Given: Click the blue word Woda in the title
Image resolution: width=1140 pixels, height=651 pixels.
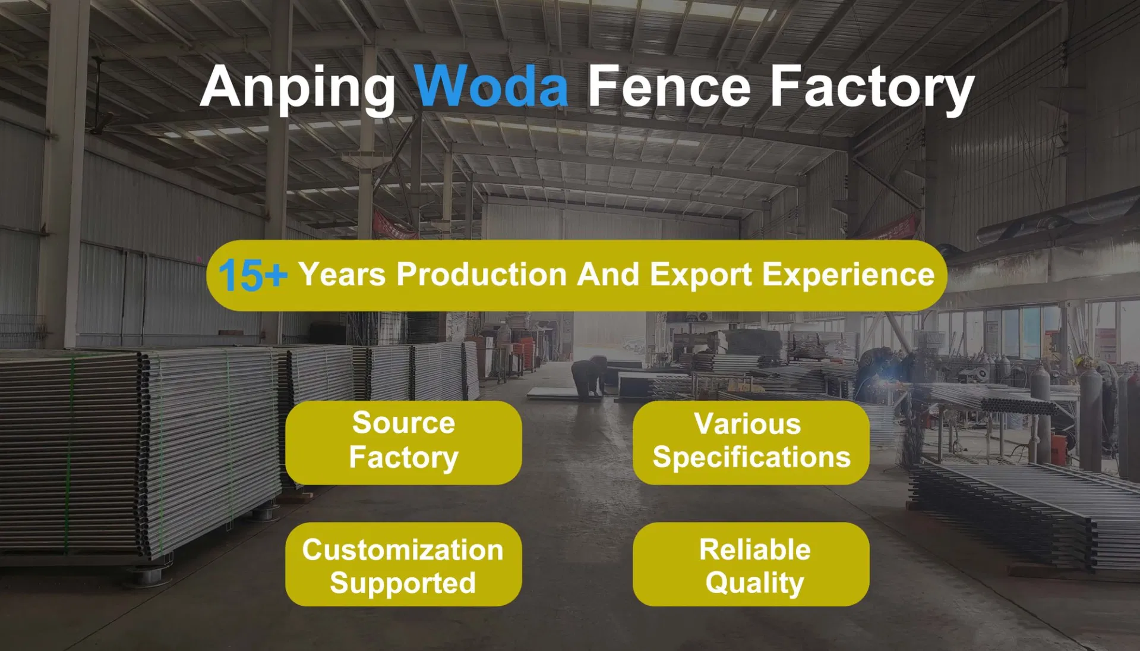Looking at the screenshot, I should click(491, 87).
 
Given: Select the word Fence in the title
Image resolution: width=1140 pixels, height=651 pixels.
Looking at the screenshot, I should click(669, 87).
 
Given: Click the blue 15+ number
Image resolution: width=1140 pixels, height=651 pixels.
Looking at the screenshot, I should click(252, 275).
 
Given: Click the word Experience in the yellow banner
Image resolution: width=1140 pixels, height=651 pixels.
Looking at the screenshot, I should click(848, 274).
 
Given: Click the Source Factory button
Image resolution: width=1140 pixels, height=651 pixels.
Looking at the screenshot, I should click(403, 442).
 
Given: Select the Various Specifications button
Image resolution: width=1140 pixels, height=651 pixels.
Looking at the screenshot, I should click(751, 442).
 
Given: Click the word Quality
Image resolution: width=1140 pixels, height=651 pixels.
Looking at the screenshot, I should click(754, 582).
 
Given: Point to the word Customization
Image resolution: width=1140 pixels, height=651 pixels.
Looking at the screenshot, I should click(403, 549).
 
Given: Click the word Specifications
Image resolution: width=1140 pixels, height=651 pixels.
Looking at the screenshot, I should click(751, 457).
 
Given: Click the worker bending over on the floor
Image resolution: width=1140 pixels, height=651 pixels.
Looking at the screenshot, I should click(589, 376).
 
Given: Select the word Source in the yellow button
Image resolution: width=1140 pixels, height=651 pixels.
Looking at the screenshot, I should click(403, 423).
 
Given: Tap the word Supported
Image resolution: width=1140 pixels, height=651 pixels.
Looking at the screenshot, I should click(403, 583).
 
